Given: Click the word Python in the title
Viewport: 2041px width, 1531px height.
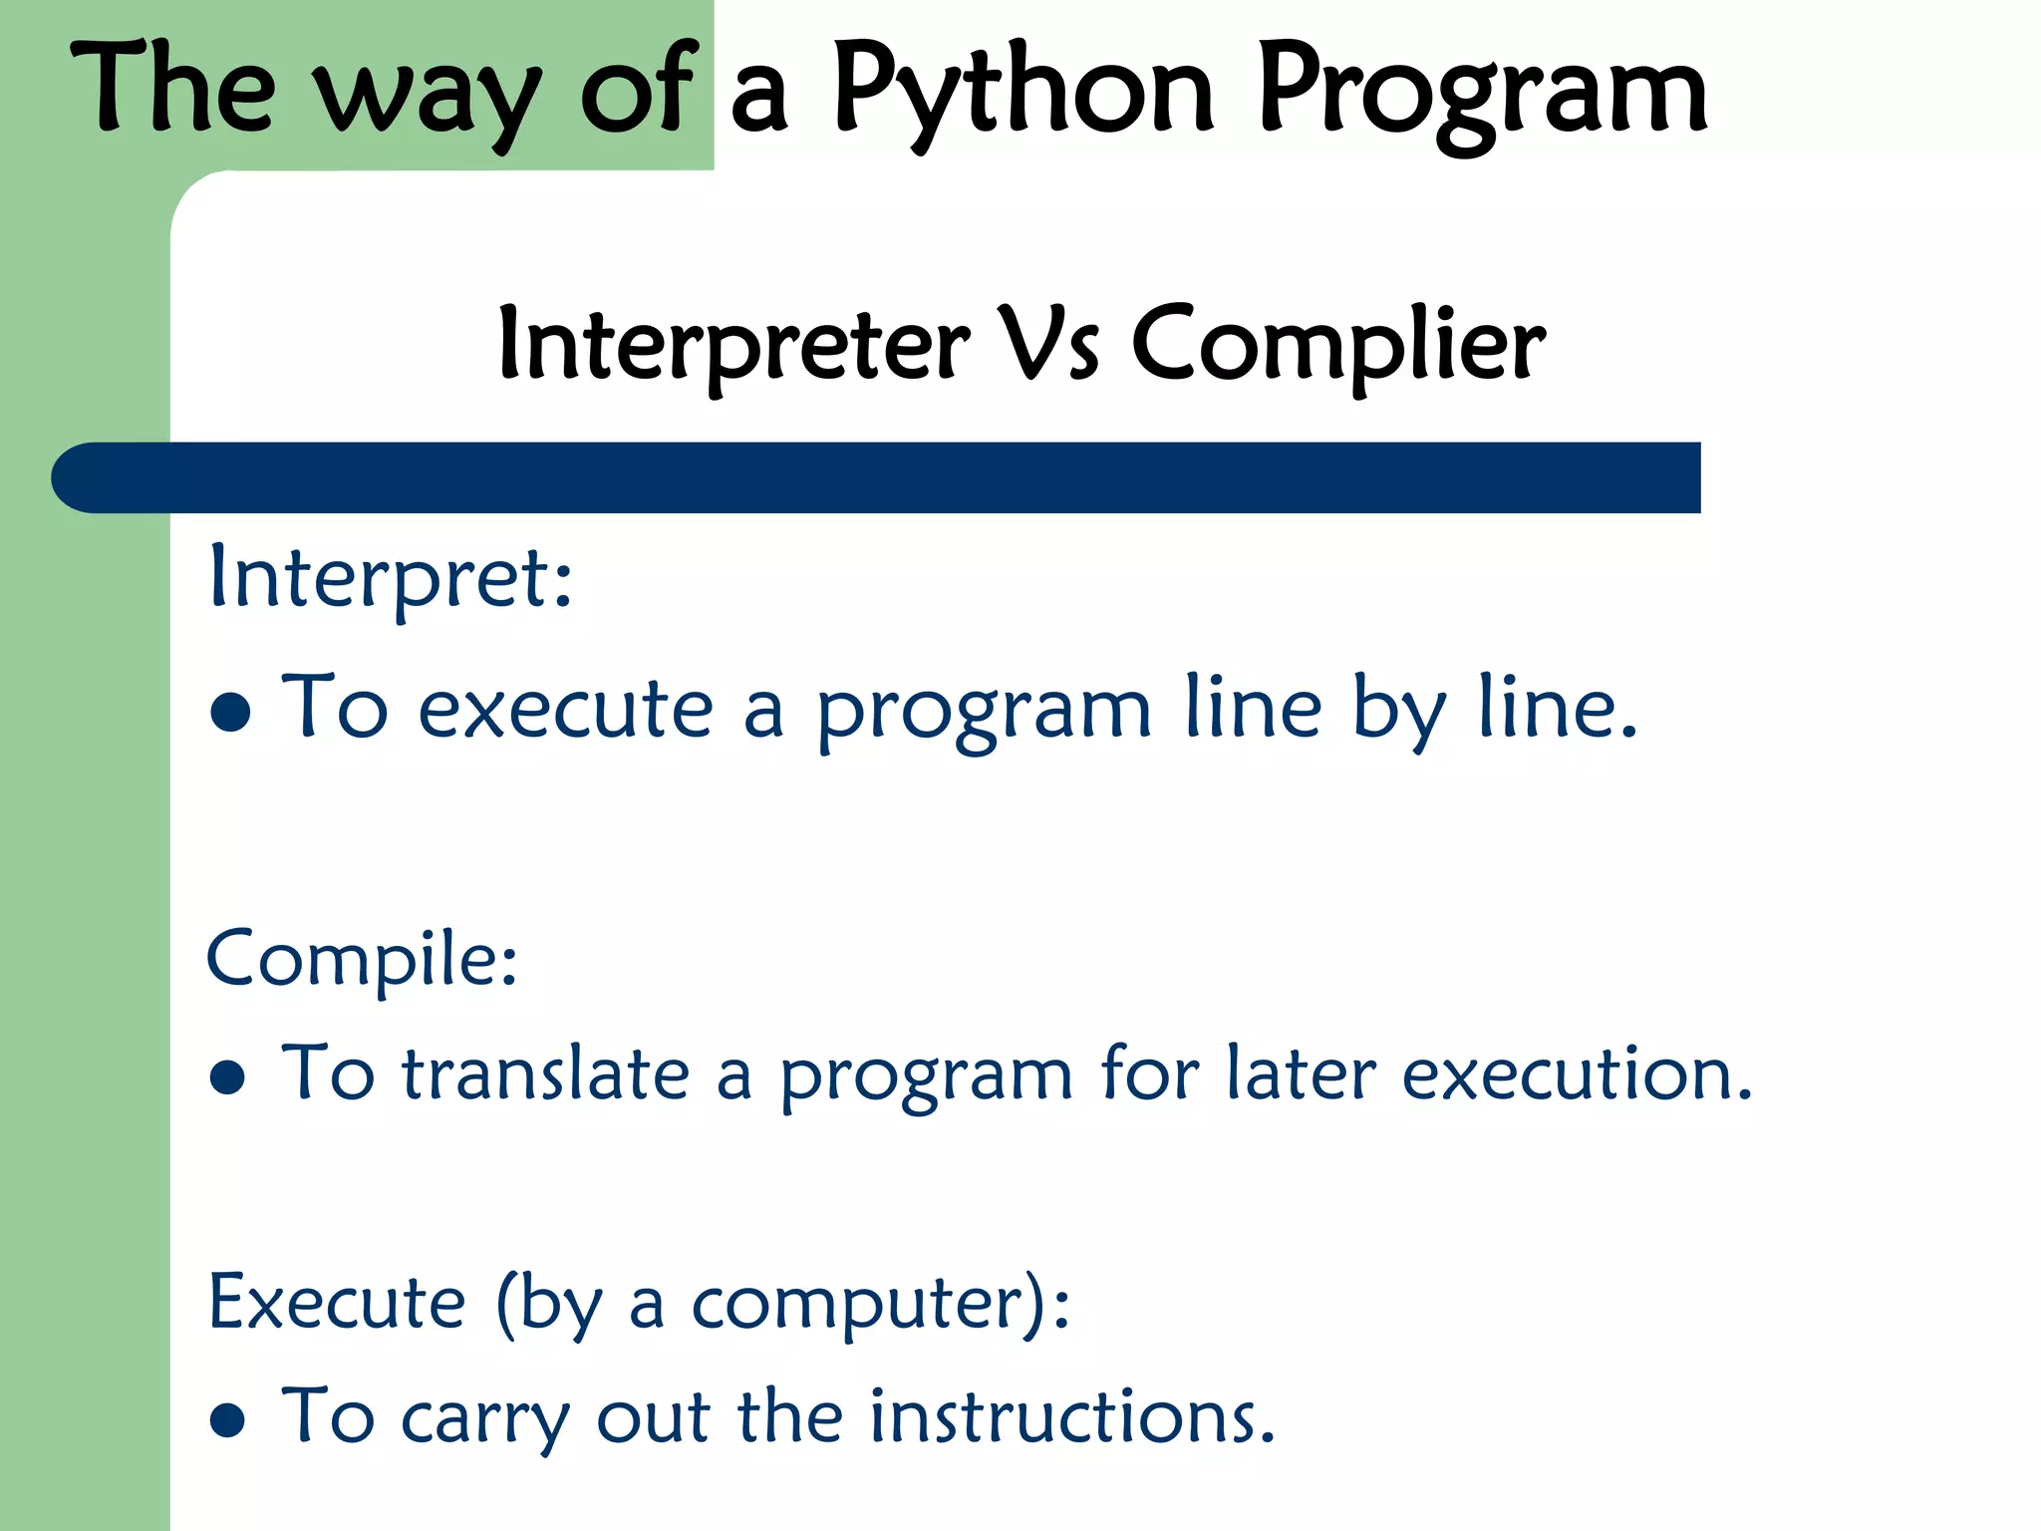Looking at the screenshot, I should pos(1023,92).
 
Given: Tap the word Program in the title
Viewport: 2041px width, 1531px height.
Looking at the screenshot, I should pos(1483,92).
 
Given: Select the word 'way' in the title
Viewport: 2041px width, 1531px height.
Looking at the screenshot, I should pos(429,95).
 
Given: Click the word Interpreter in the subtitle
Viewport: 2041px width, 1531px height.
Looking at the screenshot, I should pos(733,345).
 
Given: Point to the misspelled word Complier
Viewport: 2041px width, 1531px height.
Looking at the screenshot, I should pos(1337,345).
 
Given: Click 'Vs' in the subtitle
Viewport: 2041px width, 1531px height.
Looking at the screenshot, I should pos(1049,343).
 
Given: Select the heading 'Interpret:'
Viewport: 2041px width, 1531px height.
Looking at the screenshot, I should pos(391,578).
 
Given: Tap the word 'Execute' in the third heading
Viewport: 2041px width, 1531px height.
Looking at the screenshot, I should pos(337,1302).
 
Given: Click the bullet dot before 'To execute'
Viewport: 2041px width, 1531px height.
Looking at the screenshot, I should pos(231,712).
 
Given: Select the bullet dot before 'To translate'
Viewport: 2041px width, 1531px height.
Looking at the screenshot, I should pos(228,1076).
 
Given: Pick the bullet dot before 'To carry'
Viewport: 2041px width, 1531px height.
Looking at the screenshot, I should pos(228,1420).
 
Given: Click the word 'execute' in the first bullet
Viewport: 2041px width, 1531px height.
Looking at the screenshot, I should pos(565,710).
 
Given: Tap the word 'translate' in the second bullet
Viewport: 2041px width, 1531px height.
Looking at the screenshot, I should pos(545,1074).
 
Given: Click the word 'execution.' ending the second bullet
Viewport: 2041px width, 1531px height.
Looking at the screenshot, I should pos(1577,1074).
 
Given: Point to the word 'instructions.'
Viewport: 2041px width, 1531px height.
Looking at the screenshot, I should pos(1071,1416).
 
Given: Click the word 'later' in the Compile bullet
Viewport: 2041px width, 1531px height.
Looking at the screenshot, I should pos(1301,1074).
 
